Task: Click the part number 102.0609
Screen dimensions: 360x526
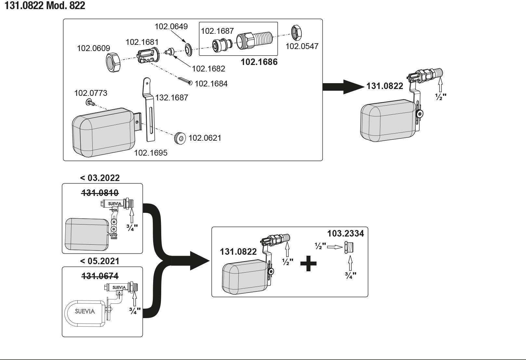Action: [x=93, y=48]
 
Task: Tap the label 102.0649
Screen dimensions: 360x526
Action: [x=171, y=26]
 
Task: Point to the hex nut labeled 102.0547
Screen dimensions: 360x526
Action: [x=296, y=32]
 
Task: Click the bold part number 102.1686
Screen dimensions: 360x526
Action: [x=259, y=62]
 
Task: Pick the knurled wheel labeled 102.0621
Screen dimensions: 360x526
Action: [x=179, y=138]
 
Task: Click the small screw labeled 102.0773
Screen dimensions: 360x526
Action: [x=90, y=103]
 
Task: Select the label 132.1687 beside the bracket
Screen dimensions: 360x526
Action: [x=172, y=98]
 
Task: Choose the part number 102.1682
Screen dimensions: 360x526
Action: [x=208, y=69]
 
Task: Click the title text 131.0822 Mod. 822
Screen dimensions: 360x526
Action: [x=45, y=6]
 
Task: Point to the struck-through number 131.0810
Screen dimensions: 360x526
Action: [x=100, y=193]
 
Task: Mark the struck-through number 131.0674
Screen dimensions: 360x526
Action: [x=100, y=276]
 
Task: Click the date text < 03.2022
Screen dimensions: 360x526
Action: [x=100, y=178]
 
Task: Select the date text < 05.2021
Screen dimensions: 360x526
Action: [x=100, y=261]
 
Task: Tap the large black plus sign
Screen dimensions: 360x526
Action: [x=308, y=263]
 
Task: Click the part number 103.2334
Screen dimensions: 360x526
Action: [x=345, y=233]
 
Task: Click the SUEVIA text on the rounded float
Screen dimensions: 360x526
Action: [x=85, y=311]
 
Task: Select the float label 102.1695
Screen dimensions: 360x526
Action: [x=151, y=153]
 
